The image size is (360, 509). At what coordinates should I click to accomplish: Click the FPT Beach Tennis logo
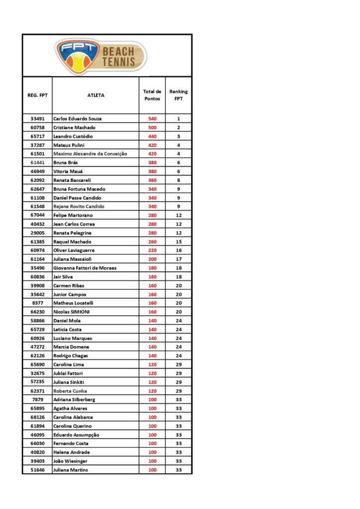pyautogui.click(x=101, y=56)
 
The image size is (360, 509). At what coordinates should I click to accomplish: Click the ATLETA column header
pyautogui.click(x=96, y=95)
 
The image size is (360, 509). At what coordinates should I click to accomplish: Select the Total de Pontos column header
pyautogui.click(x=152, y=95)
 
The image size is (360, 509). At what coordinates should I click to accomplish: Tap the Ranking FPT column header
pyautogui.click(x=179, y=95)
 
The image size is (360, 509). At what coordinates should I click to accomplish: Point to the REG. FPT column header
pyautogui.click(x=37, y=95)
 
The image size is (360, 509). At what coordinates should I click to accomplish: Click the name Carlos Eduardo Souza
pyautogui.click(x=77, y=119)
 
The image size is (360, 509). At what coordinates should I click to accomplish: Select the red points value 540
pyautogui.click(x=152, y=119)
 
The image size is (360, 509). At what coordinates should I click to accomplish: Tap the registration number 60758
pyautogui.click(x=37, y=128)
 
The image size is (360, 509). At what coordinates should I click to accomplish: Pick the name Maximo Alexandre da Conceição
pyautogui.click(x=90, y=154)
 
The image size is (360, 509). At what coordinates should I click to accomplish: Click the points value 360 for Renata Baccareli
pyautogui.click(x=152, y=180)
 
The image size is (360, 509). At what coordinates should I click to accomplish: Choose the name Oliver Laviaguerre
pyautogui.click(x=74, y=251)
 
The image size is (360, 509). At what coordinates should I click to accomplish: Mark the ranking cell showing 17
pyautogui.click(x=179, y=259)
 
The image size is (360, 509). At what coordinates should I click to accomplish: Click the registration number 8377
pyautogui.click(x=37, y=303)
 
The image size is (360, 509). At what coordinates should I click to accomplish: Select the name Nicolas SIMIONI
pyautogui.click(x=72, y=312)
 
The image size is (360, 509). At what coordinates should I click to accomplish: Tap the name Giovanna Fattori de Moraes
pyautogui.click(x=85, y=268)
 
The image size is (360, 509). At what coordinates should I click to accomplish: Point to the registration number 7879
pyautogui.click(x=37, y=400)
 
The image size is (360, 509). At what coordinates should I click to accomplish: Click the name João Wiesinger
pyautogui.click(x=71, y=461)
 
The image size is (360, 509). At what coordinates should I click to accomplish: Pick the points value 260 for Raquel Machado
pyautogui.click(x=152, y=242)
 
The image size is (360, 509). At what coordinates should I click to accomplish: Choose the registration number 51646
pyautogui.click(x=37, y=470)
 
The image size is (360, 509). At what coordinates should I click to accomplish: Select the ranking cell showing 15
pyautogui.click(x=179, y=242)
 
